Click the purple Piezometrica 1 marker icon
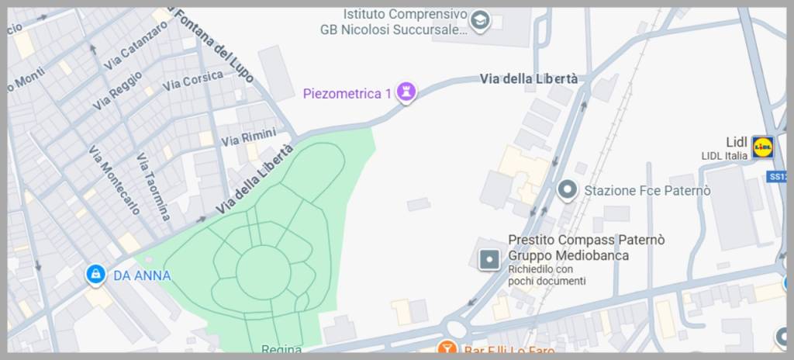(406, 93)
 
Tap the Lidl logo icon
(762, 146)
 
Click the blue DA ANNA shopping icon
(96, 275)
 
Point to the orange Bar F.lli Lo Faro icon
(446, 350)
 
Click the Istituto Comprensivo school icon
(481, 21)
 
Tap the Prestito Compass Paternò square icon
(489, 259)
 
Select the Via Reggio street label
(117, 90)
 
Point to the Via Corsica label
(192, 80)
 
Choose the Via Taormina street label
(153, 187)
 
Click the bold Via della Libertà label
(528, 78)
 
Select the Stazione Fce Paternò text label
(647, 190)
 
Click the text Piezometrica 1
(346, 94)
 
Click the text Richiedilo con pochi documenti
(547, 275)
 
